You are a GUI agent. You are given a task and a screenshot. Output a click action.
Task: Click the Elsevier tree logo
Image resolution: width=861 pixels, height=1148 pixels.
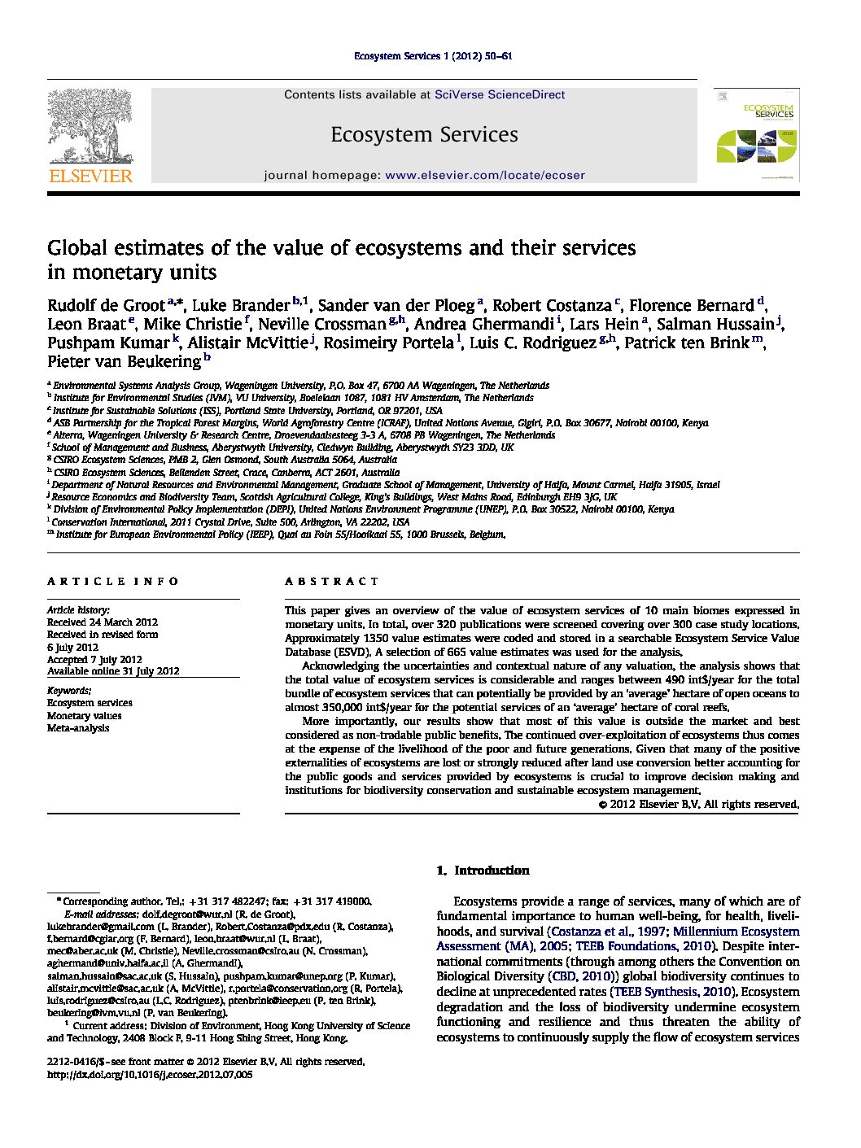coord(90,130)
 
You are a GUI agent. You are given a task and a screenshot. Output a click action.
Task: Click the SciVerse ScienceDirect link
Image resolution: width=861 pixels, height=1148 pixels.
coord(500,95)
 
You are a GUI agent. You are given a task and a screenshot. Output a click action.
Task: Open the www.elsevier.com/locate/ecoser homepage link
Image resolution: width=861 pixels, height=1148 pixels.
coord(484,175)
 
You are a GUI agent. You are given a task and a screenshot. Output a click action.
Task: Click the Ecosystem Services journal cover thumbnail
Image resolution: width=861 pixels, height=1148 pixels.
coord(757,135)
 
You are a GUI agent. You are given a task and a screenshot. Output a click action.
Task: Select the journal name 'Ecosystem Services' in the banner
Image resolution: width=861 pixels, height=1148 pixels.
coord(424,134)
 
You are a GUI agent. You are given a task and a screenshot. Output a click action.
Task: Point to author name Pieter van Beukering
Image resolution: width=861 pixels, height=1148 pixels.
coord(124,361)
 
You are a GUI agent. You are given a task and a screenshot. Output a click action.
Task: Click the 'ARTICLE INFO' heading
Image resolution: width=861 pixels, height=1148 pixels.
coord(113,582)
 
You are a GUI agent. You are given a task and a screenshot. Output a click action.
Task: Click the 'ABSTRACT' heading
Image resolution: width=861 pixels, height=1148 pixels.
coord(332,582)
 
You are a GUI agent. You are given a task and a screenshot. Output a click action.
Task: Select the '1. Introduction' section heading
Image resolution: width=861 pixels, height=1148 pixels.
coord(483,871)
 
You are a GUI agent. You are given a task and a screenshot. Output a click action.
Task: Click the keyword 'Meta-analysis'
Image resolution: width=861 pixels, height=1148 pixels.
coord(77,728)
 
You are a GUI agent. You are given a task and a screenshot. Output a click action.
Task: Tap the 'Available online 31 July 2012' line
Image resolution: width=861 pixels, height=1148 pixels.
coord(113,672)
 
